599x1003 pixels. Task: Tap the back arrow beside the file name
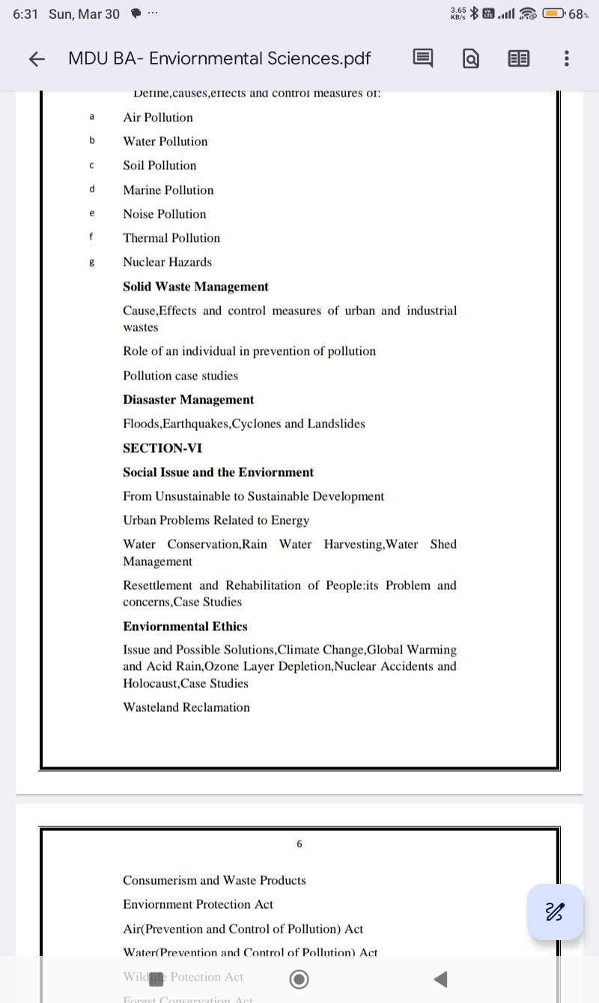[37, 59]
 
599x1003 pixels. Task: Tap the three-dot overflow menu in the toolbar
[566, 59]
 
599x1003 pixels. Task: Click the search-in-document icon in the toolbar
[471, 59]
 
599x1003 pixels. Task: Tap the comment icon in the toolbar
[422, 59]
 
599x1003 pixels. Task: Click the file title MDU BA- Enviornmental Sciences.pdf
[219, 59]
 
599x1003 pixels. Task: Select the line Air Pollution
[158, 118]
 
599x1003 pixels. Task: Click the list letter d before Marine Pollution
[91, 189]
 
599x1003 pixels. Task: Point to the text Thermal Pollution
[171, 238]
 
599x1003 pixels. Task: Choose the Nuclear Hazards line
[168, 262]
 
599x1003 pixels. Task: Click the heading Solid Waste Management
[195, 287]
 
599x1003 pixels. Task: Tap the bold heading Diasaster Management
[189, 400]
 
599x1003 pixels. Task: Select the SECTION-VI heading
[162, 448]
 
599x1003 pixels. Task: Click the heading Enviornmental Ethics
[185, 627]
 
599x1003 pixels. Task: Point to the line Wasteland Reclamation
[186, 707]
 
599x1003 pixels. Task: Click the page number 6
[299, 844]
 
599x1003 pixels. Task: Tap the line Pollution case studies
[180, 376]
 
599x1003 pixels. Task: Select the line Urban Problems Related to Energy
[216, 520]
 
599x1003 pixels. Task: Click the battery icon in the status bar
[554, 13]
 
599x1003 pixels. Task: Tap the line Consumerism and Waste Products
[214, 880]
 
